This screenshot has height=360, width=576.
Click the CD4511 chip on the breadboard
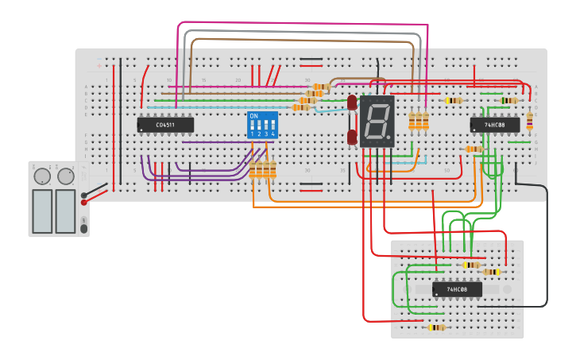pyautogui.click(x=165, y=125)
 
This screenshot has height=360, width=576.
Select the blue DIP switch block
pyautogui.click(x=262, y=125)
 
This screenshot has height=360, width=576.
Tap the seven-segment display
pyautogui.click(x=377, y=122)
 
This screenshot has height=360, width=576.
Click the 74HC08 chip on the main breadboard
pyautogui.click(x=495, y=125)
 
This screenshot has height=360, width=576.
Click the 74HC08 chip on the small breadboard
pyautogui.click(x=457, y=289)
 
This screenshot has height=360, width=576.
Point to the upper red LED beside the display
pyautogui.click(x=352, y=103)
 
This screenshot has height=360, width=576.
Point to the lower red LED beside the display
pyautogui.click(x=352, y=137)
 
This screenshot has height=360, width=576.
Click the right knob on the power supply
pyautogui.click(x=65, y=176)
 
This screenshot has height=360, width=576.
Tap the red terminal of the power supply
pyautogui.click(x=84, y=203)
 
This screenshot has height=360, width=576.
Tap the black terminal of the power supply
pyautogui.click(x=84, y=195)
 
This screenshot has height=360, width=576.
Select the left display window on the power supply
pyautogui.click(x=42, y=211)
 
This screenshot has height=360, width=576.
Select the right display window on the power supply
pyautogui.click(x=65, y=211)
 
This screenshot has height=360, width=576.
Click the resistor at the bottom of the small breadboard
pyautogui.click(x=436, y=327)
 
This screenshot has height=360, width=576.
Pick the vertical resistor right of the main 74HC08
pyautogui.click(x=530, y=119)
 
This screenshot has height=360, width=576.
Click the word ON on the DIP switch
pyautogui.click(x=253, y=116)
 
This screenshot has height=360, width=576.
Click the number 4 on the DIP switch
pyautogui.click(x=273, y=134)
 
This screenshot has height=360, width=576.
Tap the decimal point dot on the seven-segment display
pyautogui.click(x=390, y=141)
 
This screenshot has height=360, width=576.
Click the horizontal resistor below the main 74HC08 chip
pyautogui.click(x=474, y=149)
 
